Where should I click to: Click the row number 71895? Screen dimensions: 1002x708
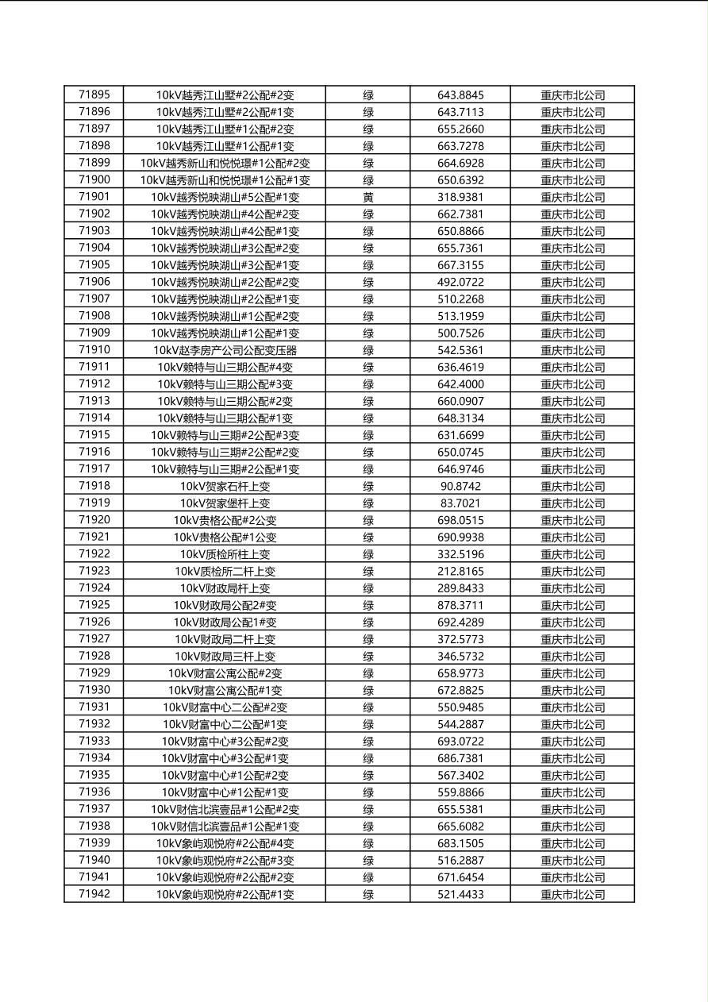point(94,95)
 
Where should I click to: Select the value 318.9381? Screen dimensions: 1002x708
point(460,197)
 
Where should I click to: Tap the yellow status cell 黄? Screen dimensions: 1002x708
point(368,197)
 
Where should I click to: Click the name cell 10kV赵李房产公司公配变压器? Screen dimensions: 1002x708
point(225,350)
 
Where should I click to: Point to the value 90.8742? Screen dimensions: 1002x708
point(460,486)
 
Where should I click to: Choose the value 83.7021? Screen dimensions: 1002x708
point(460,503)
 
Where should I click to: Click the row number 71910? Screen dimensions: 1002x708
point(94,350)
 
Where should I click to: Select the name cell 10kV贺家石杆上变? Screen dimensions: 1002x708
point(225,486)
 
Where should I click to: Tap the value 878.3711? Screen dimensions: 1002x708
point(460,605)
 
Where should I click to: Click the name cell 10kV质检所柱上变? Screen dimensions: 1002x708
point(225,554)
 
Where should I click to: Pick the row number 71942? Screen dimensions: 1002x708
point(94,894)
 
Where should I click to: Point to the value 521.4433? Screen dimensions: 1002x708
point(460,894)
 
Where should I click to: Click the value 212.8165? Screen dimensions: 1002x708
point(460,572)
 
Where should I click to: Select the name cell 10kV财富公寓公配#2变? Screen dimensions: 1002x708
point(225,673)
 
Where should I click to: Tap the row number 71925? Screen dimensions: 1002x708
point(94,605)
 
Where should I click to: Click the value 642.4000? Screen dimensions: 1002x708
point(460,384)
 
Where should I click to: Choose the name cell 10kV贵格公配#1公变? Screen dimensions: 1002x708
point(225,538)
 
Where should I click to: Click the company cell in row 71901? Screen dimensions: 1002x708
point(572,197)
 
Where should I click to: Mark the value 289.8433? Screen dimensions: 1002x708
point(460,588)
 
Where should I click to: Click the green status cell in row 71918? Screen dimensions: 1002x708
point(368,486)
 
